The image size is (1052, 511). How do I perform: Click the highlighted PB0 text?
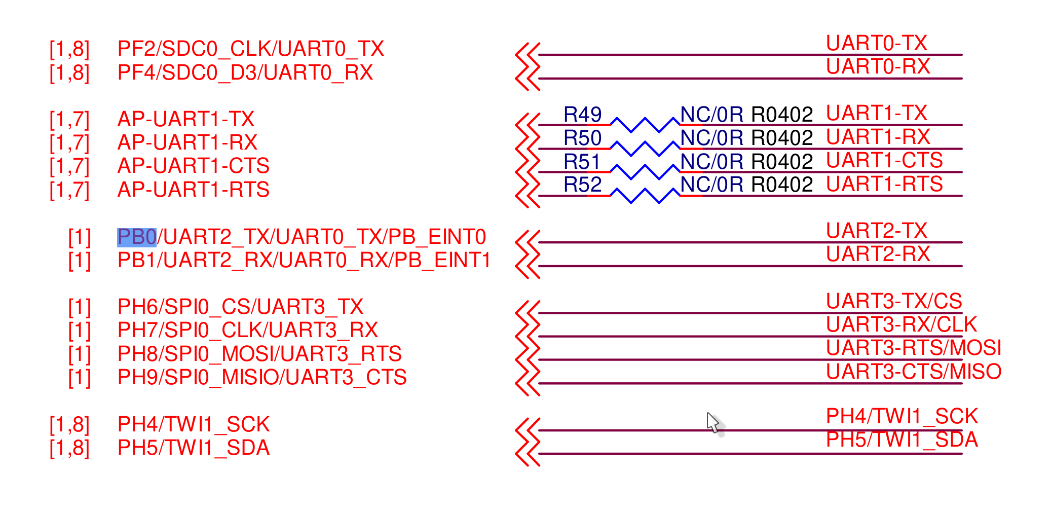[x=136, y=237]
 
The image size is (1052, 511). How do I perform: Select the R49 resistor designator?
[x=582, y=115]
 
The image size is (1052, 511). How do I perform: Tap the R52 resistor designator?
[x=582, y=185]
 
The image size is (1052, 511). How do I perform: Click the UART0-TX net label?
[x=876, y=44]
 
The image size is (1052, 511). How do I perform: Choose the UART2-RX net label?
[x=878, y=254]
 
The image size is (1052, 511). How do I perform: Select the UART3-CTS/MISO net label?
[x=913, y=372]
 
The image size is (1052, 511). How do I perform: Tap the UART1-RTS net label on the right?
[x=884, y=184]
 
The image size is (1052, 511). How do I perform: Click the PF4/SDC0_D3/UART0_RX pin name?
[x=245, y=72]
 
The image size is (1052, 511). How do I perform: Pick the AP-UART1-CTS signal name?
[x=193, y=166]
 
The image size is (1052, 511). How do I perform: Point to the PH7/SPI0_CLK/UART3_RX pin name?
[x=247, y=330]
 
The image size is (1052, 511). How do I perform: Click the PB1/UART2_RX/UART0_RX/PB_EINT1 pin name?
[x=304, y=261]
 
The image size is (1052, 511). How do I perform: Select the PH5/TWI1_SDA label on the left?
[x=193, y=448]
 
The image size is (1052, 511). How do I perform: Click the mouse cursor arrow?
[x=712, y=421]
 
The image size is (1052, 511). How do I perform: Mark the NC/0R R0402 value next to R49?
[x=746, y=115]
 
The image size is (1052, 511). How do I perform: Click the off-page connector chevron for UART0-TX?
[x=527, y=55]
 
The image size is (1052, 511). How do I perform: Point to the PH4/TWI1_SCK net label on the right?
[x=901, y=416]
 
